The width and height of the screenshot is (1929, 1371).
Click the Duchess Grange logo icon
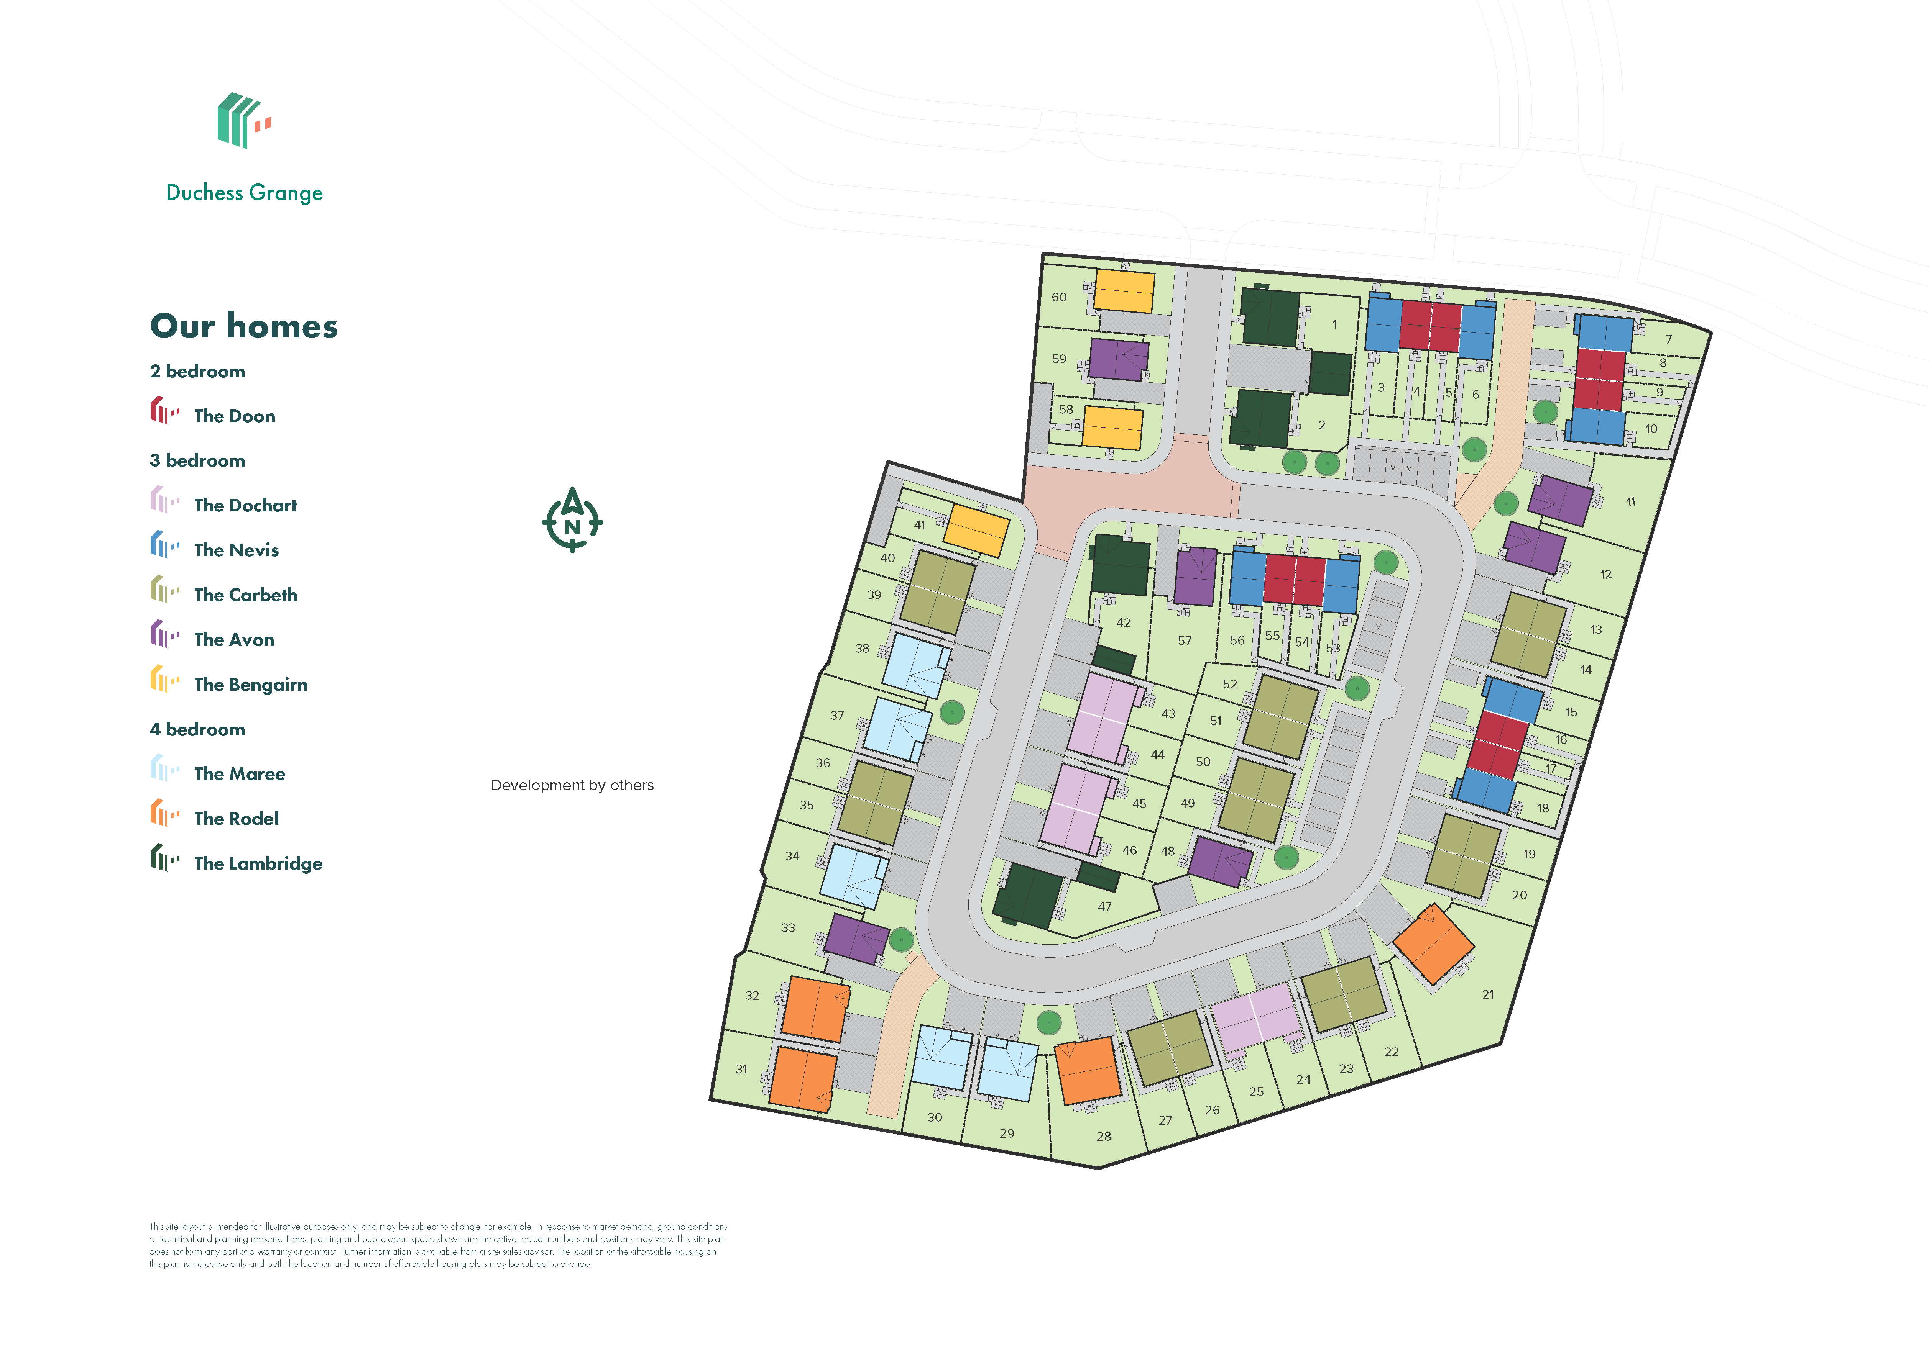click(x=243, y=121)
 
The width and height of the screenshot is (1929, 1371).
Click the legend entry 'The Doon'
click(x=234, y=415)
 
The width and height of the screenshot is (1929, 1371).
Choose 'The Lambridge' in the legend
click(x=258, y=863)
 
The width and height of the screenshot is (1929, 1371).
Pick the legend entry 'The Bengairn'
click(x=250, y=684)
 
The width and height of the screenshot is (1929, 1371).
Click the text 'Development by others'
click(x=572, y=785)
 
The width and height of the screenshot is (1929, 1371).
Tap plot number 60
click(x=1059, y=297)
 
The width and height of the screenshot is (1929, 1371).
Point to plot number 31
click(x=741, y=1069)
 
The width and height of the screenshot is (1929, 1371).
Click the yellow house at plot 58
click(x=1112, y=427)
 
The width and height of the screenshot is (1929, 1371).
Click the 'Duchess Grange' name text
click(x=244, y=192)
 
